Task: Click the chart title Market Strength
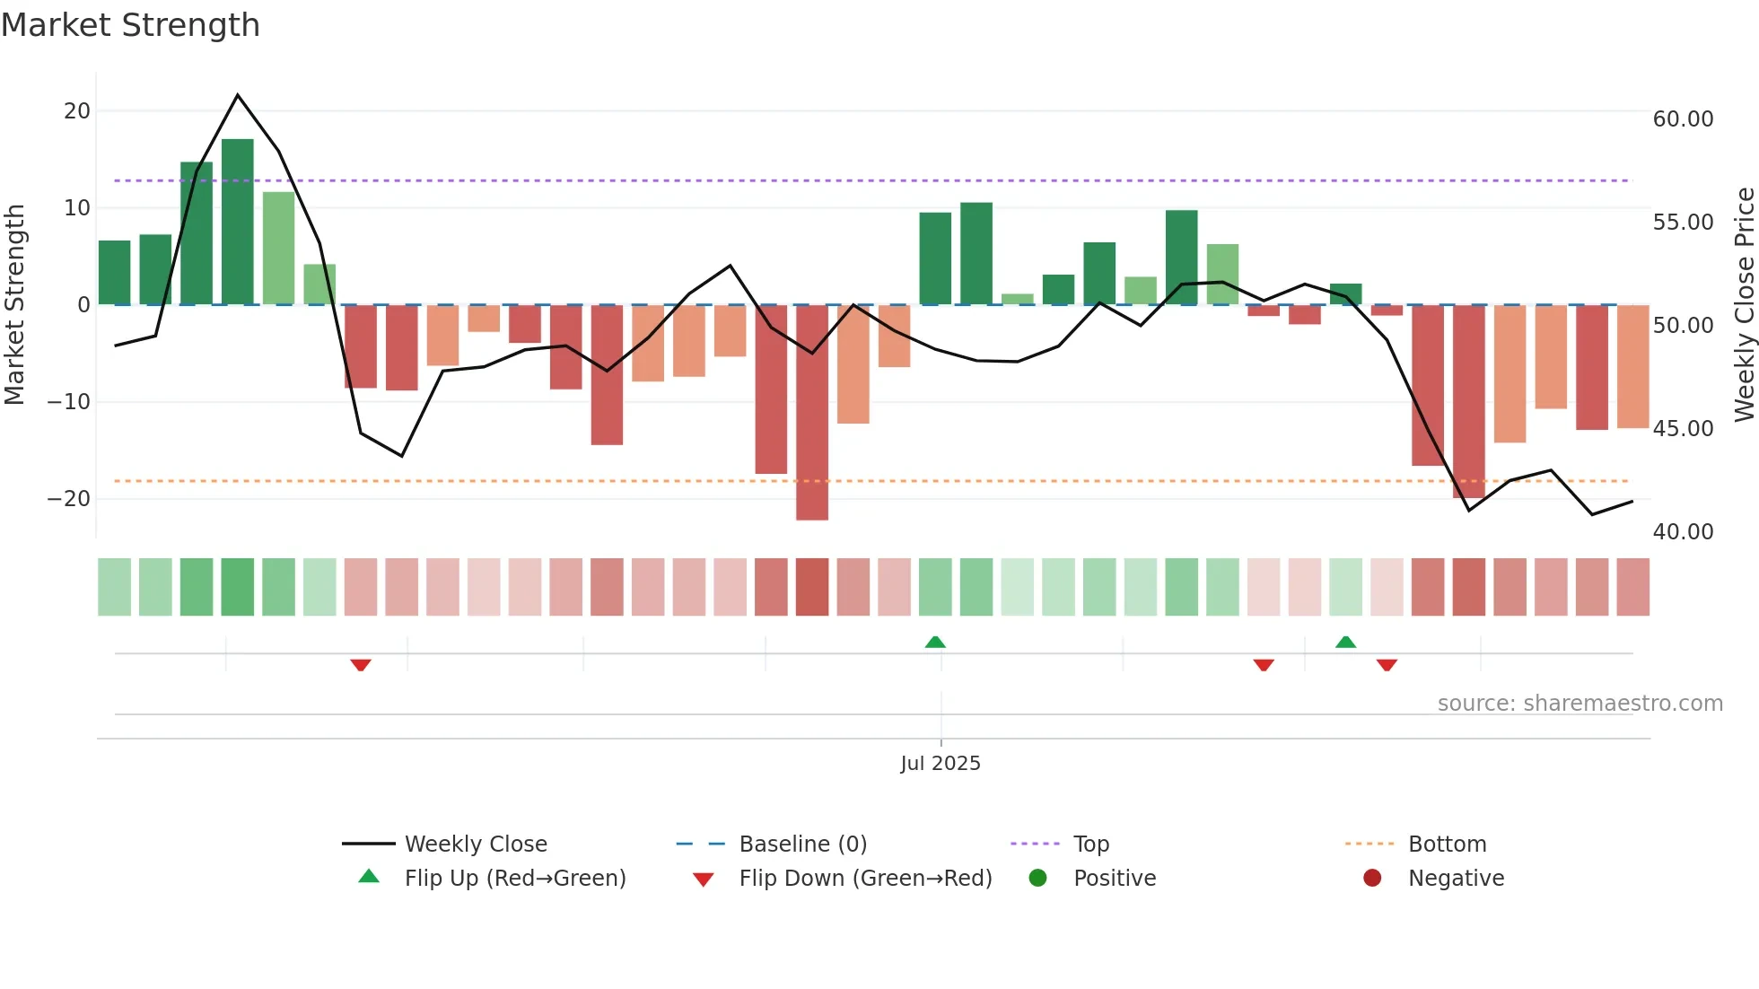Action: pos(130,25)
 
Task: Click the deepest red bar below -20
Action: pos(812,412)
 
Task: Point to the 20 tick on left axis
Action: pos(77,111)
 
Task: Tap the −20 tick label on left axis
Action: pos(70,498)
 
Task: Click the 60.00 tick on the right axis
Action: pos(1683,119)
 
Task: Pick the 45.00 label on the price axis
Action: pos(1683,429)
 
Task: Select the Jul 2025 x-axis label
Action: pos(941,764)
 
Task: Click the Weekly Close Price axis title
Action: pos(1744,304)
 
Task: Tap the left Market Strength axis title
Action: pos(14,304)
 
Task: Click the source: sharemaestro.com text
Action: pos(1580,704)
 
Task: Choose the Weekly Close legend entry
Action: pos(475,845)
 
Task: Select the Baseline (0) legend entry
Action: pos(802,845)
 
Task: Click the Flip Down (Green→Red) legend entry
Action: pos(865,879)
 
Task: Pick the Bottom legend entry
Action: pos(1447,845)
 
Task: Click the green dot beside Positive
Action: pos(1038,879)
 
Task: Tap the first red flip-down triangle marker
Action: pos(361,665)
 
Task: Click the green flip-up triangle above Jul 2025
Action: pos(935,642)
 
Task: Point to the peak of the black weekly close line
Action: pos(238,95)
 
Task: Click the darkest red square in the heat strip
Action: pos(812,587)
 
